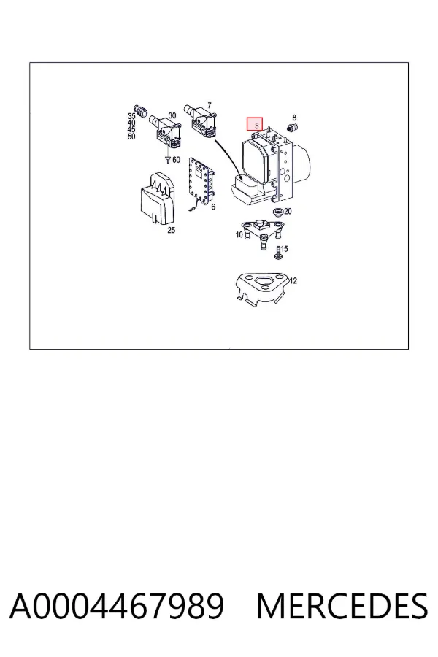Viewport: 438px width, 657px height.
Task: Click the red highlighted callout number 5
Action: (255, 124)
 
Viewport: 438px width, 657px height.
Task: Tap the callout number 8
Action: (294, 118)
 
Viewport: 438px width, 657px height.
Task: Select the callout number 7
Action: (210, 106)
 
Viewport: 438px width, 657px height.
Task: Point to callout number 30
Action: (172, 115)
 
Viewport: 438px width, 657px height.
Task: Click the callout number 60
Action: (176, 160)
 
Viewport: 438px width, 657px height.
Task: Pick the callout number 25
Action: (171, 230)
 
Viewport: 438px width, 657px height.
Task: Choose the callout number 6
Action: (213, 207)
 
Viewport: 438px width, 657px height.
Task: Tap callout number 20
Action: (288, 211)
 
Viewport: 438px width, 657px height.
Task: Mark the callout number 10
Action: (239, 234)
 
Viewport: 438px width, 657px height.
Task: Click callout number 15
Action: (284, 249)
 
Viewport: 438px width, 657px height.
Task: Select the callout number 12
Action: (293, 281)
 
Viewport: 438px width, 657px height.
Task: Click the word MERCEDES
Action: (342, 606)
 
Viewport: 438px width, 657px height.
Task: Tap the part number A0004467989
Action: (117, 606)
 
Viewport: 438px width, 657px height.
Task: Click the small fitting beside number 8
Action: (291, 127)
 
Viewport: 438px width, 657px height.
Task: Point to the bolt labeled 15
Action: (277, 253)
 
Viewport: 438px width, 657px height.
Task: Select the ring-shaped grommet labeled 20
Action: (277, 211)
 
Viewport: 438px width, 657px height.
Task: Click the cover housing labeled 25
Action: (157, 199)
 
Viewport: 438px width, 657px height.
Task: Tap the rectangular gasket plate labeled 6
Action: (201, 182)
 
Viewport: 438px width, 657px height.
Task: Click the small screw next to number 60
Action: (168, 160)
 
